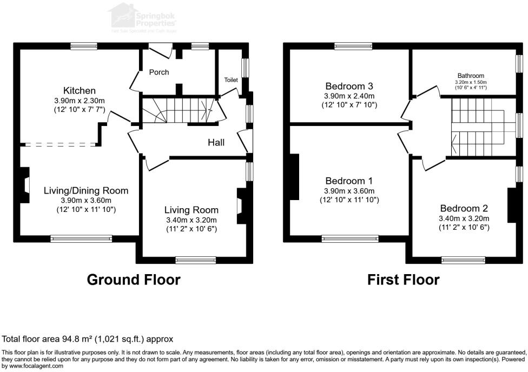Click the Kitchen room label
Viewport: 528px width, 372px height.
[x=79, y=90]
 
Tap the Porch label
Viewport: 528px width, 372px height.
[x=159, y=72]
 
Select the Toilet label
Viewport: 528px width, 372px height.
[x=231, y=80]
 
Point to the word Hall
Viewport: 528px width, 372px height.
[x=216, y=142]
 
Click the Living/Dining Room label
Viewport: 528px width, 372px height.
[x=86, y=190]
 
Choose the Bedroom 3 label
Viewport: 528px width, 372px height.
[x=349, y=86]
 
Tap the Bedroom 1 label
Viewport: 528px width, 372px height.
[x=349, y=181]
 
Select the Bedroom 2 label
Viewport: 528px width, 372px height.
[x=464, y=208]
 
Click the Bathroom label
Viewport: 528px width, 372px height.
[x=471, y=76]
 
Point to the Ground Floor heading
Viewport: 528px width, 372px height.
[x=134, y=280]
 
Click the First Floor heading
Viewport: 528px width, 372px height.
[x=403, y=280]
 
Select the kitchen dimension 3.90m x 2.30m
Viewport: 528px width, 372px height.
[x=79, y=101]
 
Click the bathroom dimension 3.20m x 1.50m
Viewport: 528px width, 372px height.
[x=471, y=82]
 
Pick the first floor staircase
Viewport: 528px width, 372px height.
[x=476, y=128]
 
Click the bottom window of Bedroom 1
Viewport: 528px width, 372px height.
[x=350, y=238]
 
